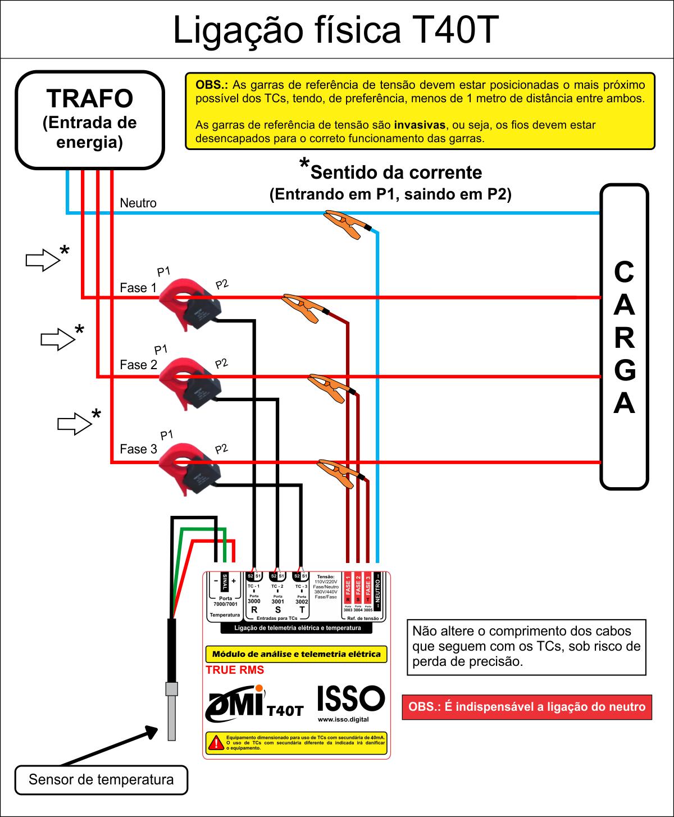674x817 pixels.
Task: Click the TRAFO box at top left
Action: [90, 120]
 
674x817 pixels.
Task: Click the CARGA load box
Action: [624, 337]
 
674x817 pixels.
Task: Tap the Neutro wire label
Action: [138, 203]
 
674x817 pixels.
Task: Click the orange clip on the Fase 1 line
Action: [303, 306]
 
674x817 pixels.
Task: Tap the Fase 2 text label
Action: [138, 365]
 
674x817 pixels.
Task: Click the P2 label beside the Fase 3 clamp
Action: [221, 448]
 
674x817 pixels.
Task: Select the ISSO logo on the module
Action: [351, 699]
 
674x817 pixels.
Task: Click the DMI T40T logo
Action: [256, 705]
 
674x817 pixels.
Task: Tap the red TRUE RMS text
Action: [235, 670]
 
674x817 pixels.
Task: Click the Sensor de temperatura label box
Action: [101, 780]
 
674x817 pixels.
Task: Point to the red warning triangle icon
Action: [215, 742]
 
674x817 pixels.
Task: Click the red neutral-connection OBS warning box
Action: [527, 707]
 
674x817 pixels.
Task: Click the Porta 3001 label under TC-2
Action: [277, 599]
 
